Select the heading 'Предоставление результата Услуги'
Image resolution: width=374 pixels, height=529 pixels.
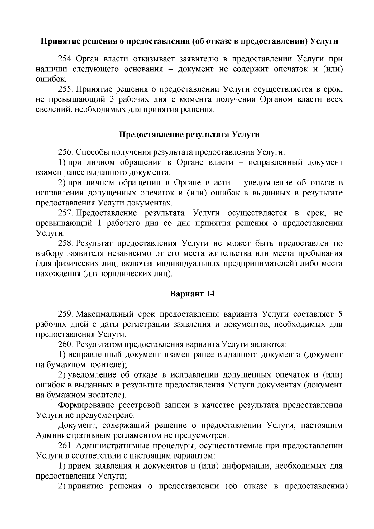[x=189, y=135]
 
